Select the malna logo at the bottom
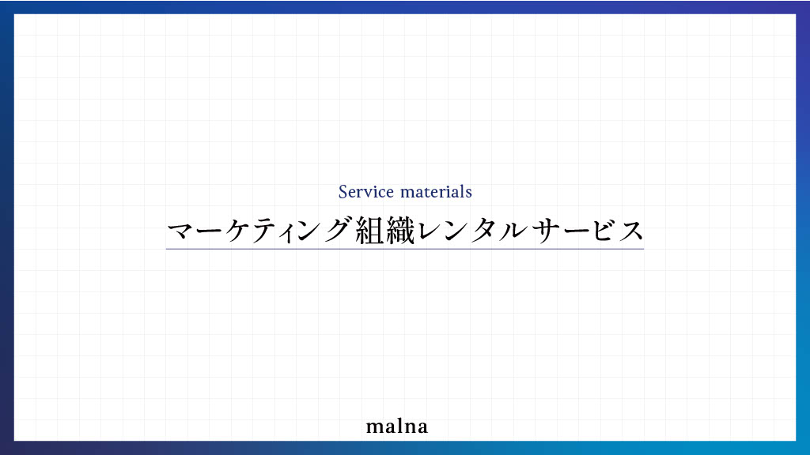[397, 427]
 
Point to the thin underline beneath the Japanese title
[405, 249]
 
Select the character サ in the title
[547, 231]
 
